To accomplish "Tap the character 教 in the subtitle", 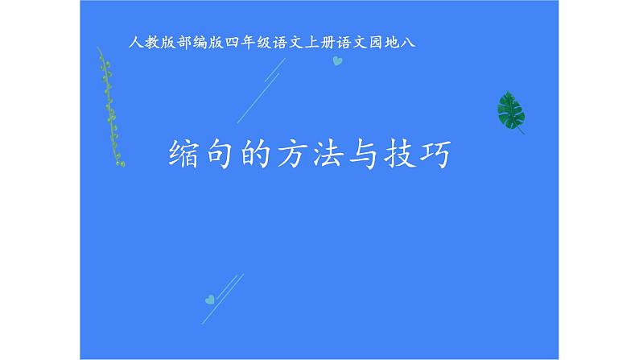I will pos(150,40).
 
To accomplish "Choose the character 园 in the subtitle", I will pos(385,40).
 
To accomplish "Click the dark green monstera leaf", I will pos(509,111).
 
